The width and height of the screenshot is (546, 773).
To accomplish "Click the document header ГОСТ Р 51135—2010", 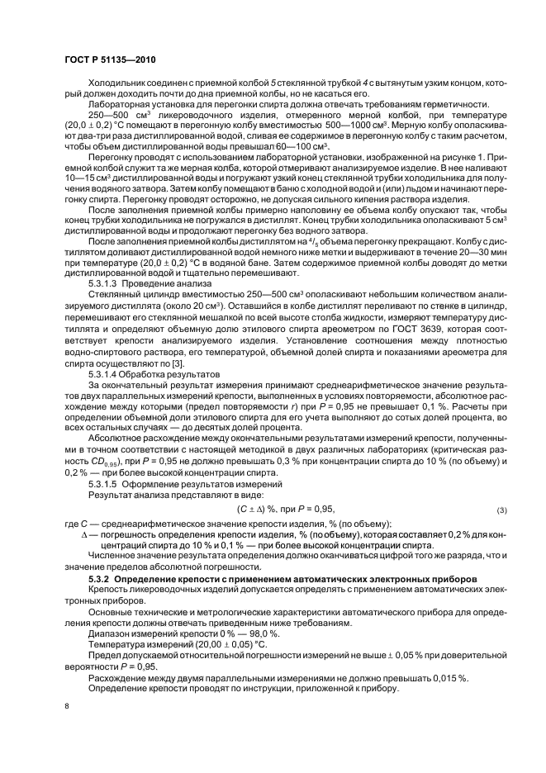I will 110,61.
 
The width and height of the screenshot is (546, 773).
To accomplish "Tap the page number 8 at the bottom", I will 67,706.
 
